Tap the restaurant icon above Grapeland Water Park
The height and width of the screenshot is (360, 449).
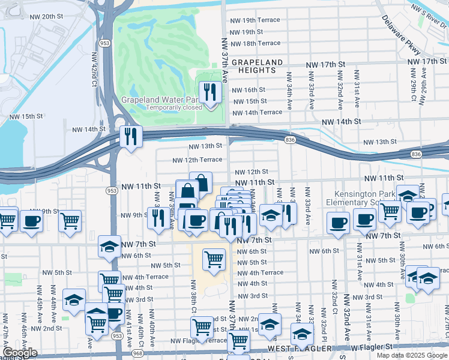(x=209, y=92)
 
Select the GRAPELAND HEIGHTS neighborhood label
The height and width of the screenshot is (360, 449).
(x=257, y=66)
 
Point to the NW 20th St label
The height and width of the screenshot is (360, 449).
(x=40, y=17)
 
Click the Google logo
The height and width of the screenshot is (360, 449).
(x=20, y=353)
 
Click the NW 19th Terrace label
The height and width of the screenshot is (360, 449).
(x=255, y=20)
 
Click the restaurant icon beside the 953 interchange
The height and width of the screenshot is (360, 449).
(x=130, y=136)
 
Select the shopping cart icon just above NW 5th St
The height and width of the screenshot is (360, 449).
(x=214, y=259)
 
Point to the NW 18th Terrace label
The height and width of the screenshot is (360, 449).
(x=255, y=43)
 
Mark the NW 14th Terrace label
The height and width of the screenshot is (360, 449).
(x=257, y=112)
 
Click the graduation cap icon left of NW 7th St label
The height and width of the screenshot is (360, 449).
(x=109, y=246)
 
